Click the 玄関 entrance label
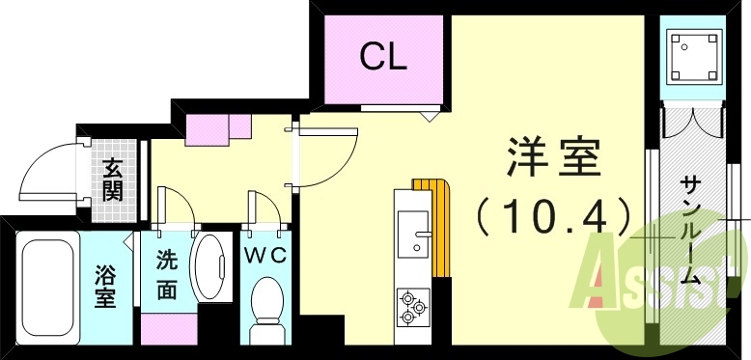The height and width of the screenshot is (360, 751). click(114, 180)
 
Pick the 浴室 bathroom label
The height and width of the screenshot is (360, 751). click(105, 286)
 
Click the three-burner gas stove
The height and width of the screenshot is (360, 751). click(413, 304)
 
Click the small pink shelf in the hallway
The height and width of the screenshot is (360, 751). click(217, 128)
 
